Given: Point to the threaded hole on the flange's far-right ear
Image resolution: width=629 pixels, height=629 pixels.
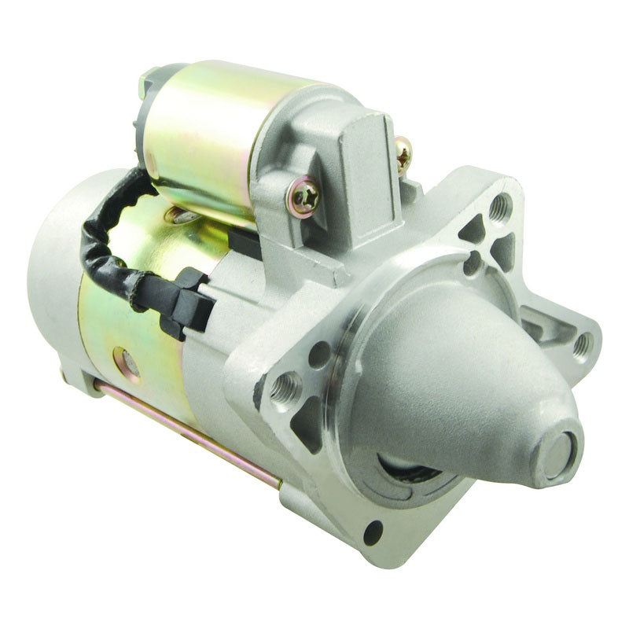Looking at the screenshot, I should pos(583,344).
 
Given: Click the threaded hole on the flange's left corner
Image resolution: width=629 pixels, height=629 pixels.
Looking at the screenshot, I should pos(285,385).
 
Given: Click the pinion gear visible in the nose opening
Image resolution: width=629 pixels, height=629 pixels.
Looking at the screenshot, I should pos(409,469).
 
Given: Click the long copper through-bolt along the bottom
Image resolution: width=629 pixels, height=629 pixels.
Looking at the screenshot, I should pos(189,436).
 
